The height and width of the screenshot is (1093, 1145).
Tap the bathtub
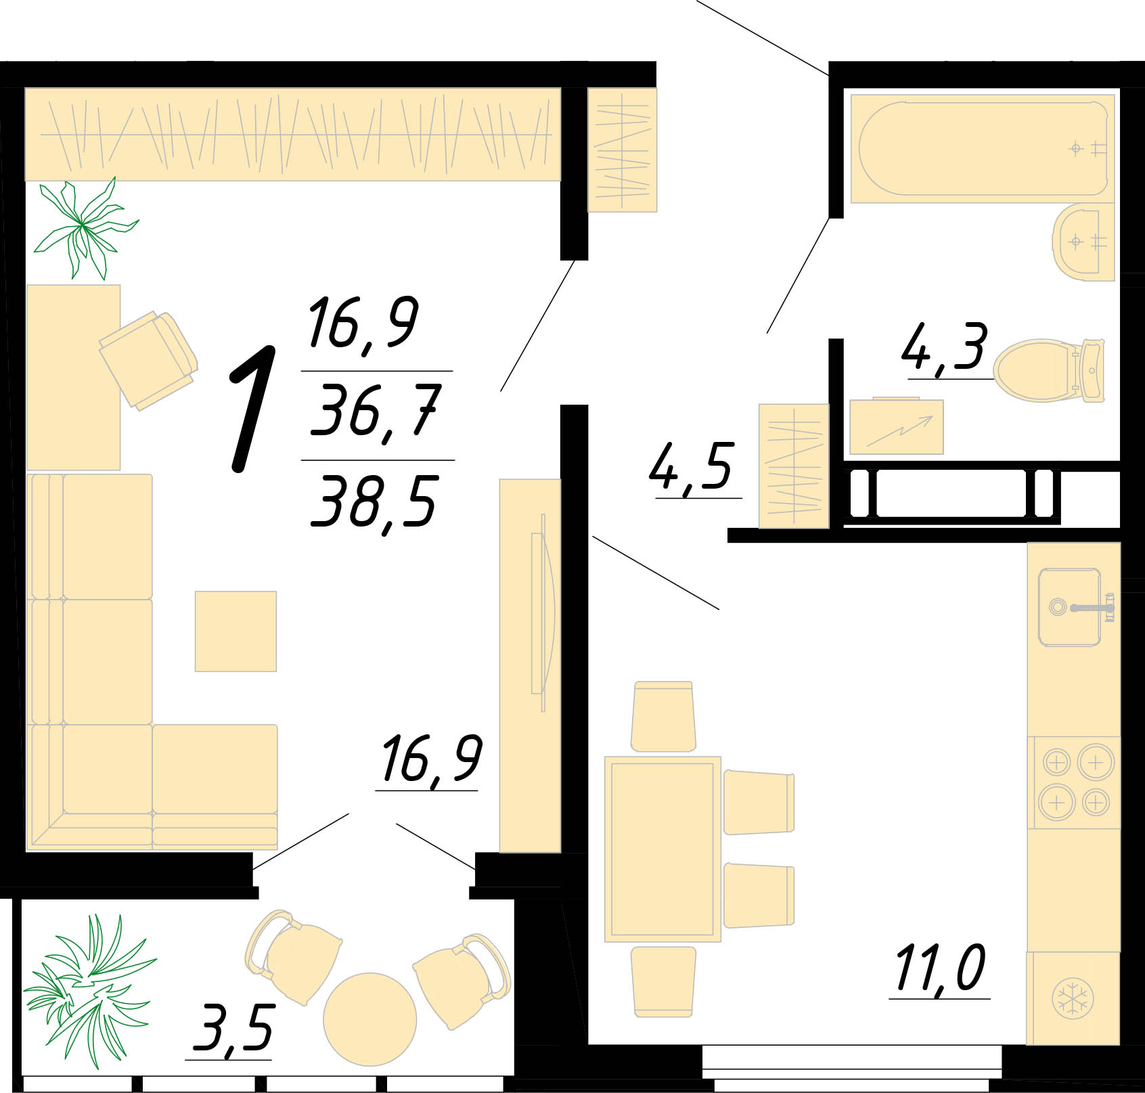point(982,149)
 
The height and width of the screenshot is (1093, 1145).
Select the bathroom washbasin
point(1083,241)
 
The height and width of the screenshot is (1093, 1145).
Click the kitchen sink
point(1074,607)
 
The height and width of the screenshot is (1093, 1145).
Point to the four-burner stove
point(1074,782)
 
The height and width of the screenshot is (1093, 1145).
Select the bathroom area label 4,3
point(945,347)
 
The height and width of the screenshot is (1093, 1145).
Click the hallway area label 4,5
point(691,468)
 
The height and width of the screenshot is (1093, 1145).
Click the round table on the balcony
point(369,1019)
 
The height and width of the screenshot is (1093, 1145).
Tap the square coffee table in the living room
point(235,631)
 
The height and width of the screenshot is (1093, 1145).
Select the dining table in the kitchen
point(663,849)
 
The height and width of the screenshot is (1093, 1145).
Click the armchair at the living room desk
point(149,359)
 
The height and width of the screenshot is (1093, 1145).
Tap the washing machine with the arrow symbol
point(897,426)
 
